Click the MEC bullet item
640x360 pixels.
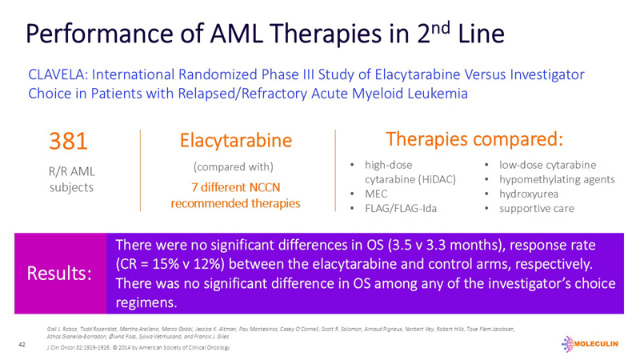[378, 194]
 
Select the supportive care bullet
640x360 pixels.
[536, 208]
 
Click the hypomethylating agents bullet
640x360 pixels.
[557, 179]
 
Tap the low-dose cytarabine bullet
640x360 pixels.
[547, 165]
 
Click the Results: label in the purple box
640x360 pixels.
[59, 274]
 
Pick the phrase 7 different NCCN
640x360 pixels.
[235, 187]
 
